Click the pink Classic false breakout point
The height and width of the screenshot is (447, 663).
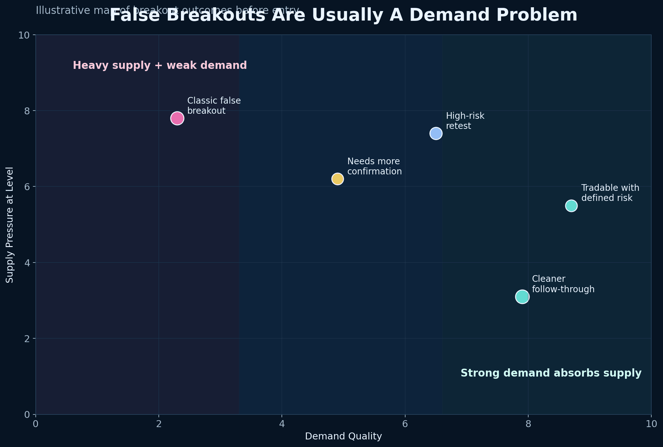click(x=177, y=118)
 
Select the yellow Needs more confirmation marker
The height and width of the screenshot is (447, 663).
click(x=338, y=179)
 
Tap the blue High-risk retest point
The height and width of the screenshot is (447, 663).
click(x=436, y=134)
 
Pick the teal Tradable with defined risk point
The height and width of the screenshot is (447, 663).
click(x=571, y=206)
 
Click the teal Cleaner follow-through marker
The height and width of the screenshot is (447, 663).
click(x=522, y=297)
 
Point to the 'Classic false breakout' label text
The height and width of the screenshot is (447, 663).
click(x=214, y=106)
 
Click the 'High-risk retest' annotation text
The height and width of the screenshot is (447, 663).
click(x=465, y=121)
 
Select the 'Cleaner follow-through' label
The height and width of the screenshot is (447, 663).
click(x=563, y=284)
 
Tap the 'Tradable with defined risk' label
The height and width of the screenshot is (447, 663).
click(x=610, y=193)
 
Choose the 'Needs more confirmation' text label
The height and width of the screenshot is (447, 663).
click(x=374, y=166)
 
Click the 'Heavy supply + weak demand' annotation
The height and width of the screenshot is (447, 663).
click(x=160, y=65)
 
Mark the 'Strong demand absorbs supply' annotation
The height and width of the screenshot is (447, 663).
click(x=551, y=373)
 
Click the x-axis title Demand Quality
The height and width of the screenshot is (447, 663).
click(x=343, y=437)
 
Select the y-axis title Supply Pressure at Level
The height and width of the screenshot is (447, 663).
click(x=10, y=225)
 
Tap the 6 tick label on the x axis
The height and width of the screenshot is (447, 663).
click(x=405, y=424)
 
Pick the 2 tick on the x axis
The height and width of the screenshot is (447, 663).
click(x=159, y=424)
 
